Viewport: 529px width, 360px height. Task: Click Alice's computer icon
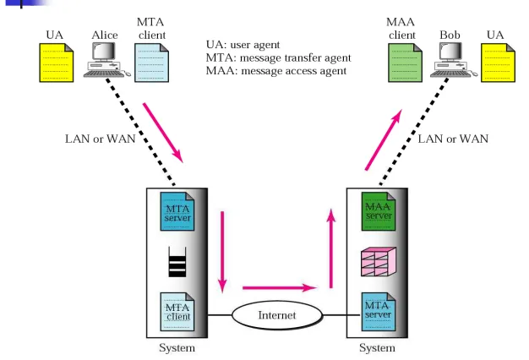(x=106, y=60)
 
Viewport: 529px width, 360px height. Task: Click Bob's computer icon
(x=454, y=60)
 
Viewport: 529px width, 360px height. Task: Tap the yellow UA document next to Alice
(x=57, y=63)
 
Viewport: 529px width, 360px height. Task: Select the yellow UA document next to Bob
(x=498, y=63)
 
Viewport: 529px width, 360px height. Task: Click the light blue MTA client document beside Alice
(x=151, y=63)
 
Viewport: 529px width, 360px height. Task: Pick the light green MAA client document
(x=405, y=63)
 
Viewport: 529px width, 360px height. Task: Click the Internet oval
(x=277, y=315)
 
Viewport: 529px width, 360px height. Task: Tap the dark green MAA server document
(x=379, y=211)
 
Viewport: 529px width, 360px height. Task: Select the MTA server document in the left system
(x=177, y=211)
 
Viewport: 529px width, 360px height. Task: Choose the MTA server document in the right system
(x=379, y=312)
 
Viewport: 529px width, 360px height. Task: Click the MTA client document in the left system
(x=177, y=312)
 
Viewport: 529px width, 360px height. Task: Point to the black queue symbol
(x=177, y=262)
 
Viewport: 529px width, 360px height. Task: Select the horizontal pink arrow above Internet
(x=280, y=288)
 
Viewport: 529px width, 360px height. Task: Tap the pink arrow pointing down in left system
(x=222, y=252)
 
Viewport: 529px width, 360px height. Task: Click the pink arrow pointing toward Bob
(x=384, y=139)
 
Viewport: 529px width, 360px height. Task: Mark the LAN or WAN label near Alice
(x=101, y=139)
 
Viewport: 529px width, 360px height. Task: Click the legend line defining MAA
(x=276, y=71)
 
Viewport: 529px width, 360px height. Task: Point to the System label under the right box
(x=377, y=348)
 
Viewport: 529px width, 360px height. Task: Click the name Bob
(x=450, y=35)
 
